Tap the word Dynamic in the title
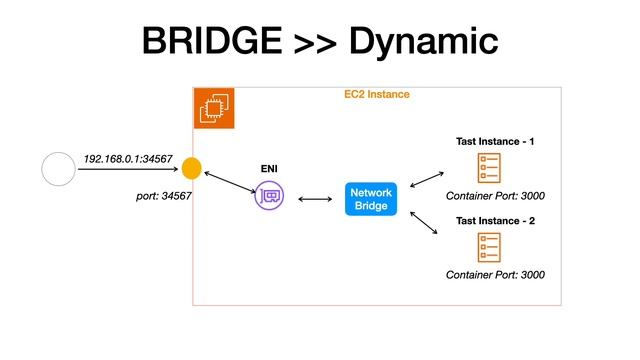click(x=424, y=42)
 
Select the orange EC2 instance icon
click(x=213, y=109)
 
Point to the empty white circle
click(x=58, y=169)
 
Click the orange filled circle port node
click(x=192, y=169)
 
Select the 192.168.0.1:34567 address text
click(x=128, y=159)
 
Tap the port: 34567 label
click(x=163, y=195)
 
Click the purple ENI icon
click(x=269, y=196)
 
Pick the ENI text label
click(x=269, y=171)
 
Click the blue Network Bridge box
click(x=371, y=198)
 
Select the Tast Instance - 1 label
click(x=495, y=142)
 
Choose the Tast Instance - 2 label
click(x=495, y=220)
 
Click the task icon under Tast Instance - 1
click(x=490, y=167)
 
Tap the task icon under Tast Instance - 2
click(x=490, y=246)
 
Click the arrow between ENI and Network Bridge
click(x=316, y=199)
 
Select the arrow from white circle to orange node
click(x=128, y=170)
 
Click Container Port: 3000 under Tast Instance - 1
click(x=495, y=196)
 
